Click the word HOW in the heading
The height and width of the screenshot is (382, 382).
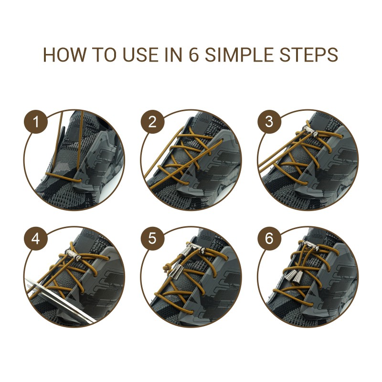pos(65,54)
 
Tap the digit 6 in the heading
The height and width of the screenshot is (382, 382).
pos(194,54)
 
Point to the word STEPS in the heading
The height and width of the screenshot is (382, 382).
pos(308,54)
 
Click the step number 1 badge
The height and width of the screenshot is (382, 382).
pos(35,122)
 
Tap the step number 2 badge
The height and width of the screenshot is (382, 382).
pos(152,122)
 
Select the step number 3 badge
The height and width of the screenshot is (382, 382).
pos(269,122)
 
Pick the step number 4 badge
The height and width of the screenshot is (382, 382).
pos(35,238)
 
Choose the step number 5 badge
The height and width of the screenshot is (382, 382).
pos(152,238)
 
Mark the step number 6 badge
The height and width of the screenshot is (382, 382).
pos(269,238)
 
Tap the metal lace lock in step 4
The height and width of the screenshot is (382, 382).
pos(73,255)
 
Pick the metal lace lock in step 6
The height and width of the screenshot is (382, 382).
pos(310,245)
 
